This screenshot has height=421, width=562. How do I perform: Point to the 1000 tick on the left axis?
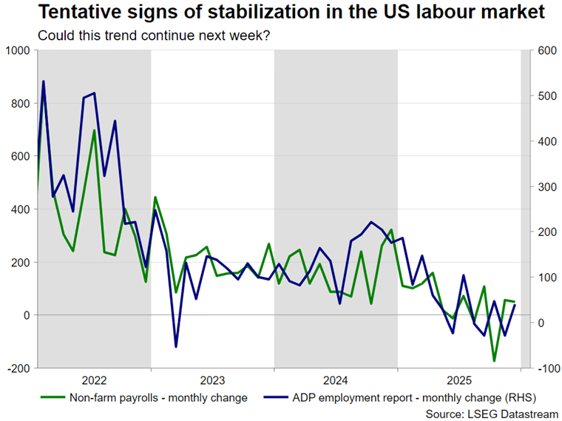pos(16,50)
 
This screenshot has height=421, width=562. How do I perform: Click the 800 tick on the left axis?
pos(19,104)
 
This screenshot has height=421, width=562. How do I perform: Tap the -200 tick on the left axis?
pos(18,368)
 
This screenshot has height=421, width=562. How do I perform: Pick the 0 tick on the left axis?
pos(26,315)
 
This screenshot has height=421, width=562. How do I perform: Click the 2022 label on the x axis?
pos(94,381)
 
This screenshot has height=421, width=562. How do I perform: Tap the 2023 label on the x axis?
pos(212,381)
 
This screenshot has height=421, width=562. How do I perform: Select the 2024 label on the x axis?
pos(336,381)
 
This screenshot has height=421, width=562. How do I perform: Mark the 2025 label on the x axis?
pos(459,381)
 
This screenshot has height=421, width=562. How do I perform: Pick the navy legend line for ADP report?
pos(271,397)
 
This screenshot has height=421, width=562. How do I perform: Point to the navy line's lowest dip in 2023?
pos(176,346)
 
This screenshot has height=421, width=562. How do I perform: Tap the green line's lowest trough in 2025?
pos(494,361)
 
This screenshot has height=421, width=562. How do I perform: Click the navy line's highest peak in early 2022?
pos(43,81)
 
